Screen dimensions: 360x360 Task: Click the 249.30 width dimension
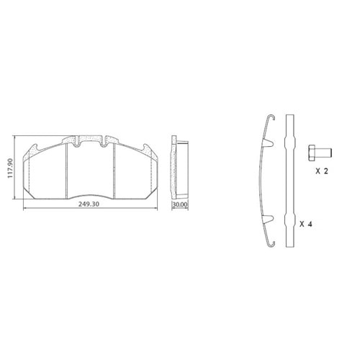click(x=89, y=204)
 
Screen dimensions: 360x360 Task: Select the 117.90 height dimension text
click(x=10, y=168)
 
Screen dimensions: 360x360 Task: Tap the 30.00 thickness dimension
click(x=180, y=204)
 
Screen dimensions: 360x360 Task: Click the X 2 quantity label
click(x=322, y=171)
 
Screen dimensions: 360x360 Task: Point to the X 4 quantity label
click(x=306, y=224)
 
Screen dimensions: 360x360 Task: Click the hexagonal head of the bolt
click(x=312, y=153)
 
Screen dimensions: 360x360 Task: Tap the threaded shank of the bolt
click(x=323, y=153)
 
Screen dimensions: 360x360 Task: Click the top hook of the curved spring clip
click(x=271, y=117)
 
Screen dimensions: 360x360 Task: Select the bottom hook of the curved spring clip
click(x=271, y=244)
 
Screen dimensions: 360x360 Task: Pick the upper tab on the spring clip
click(x=269, y=143)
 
